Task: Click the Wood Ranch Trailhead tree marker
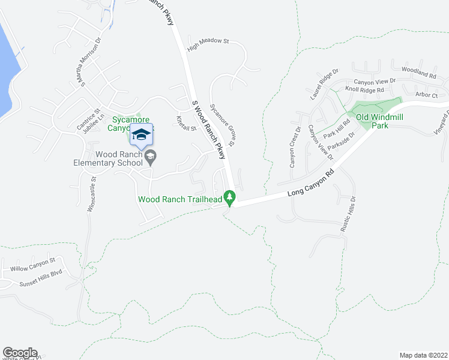pos(229,197)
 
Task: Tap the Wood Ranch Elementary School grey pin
pos(151,157)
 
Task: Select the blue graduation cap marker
pos(141,134)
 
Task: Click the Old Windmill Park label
pos(381,121)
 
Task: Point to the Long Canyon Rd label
pos(310,185)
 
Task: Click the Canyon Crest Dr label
pos(295,146)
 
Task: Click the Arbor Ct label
pos(427,95)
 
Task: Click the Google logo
pos(19,353)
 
